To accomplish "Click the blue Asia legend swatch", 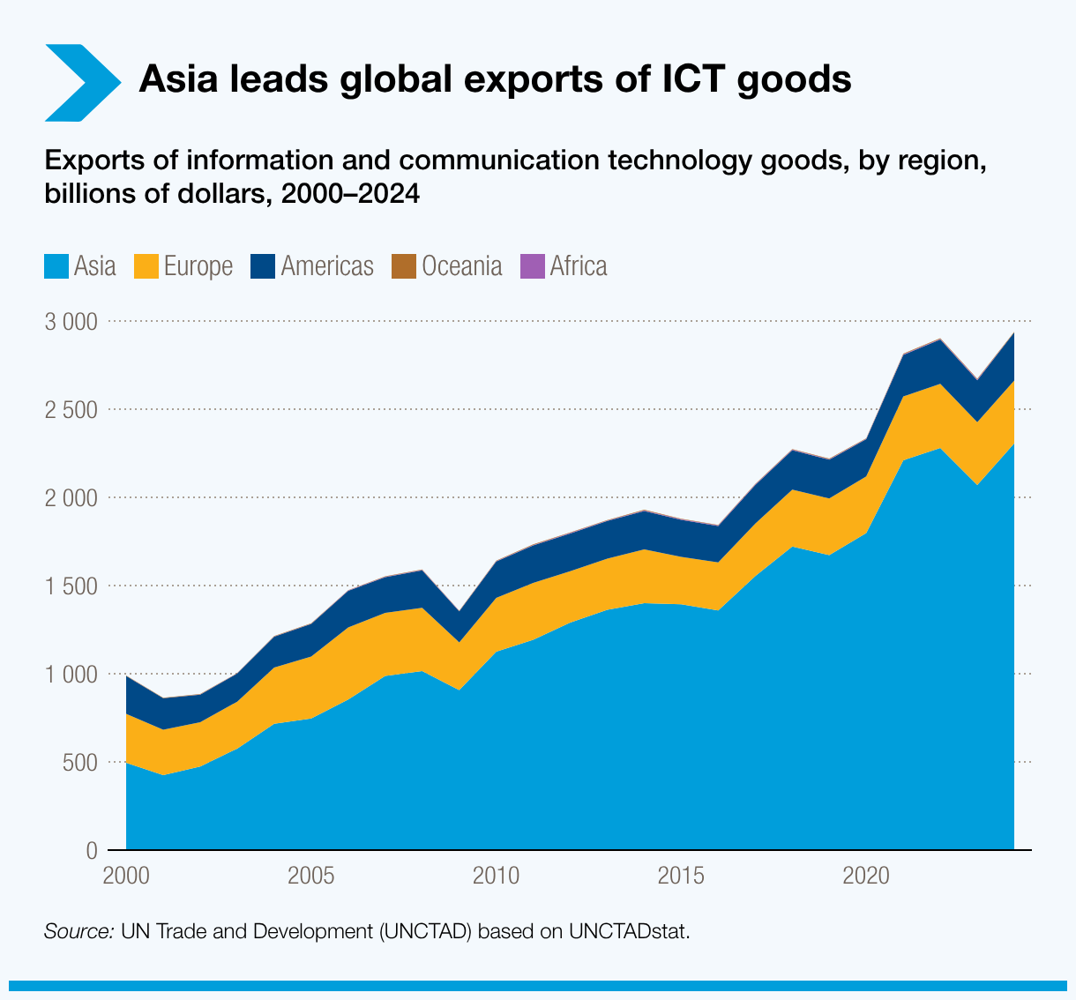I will [x=56, y=266].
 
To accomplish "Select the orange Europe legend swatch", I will [x=146, y=266].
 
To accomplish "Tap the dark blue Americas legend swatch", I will [x=263, y=266].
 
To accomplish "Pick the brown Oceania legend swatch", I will [x=404, y=266].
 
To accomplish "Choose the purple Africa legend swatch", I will [x=533, y=266].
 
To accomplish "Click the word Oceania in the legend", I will [x=462, y=266].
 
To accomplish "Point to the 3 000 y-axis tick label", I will [x=71, y=322].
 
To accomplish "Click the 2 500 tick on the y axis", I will [x=71, y=410].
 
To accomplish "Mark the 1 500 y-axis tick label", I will [x=71, y=586].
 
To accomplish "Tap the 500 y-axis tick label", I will [x=79, y=763].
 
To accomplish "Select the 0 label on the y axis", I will [x=91, y=851].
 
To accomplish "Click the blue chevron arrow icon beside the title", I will [x=81, y=82].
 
